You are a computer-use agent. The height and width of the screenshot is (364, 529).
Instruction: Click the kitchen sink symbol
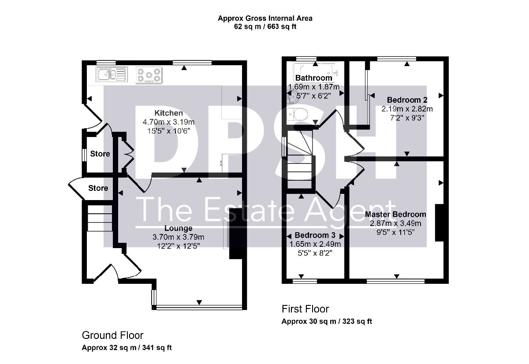click(112, 74)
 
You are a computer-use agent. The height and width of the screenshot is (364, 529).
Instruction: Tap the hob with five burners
click(149, 75)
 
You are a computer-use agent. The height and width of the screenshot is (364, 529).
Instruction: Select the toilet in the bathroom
click(298, 115)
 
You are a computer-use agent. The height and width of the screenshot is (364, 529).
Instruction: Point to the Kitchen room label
click(168, 113)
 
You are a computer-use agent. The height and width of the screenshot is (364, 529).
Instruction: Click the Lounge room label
click(178, 228)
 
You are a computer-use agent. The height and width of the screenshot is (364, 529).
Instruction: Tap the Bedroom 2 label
click(407, 100)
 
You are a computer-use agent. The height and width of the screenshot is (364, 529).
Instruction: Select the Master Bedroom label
click(395, 214)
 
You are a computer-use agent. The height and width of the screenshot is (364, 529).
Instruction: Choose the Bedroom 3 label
click(315, 235)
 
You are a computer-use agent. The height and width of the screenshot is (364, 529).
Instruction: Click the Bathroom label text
click(313, 78)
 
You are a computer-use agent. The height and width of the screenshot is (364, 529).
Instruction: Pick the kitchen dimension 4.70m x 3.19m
click(168, 122)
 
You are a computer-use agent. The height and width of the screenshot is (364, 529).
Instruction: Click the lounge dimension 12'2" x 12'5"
click(179, 246)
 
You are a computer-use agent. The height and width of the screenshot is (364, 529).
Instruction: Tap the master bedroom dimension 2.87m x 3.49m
click(395, 223)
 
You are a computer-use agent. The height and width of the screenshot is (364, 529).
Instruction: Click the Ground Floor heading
click(113, 335)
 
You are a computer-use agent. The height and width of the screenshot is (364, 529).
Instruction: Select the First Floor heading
click(305, 309)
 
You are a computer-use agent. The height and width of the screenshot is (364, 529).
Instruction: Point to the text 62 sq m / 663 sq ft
click(265, 26)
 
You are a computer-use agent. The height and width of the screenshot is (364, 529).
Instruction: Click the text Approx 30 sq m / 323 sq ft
click(327, 321)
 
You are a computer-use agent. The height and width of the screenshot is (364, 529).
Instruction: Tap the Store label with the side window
click(100, 154)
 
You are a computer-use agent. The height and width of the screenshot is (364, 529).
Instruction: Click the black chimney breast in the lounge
click(236, 234)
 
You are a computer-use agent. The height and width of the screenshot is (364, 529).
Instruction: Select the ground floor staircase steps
click(100, 218)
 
